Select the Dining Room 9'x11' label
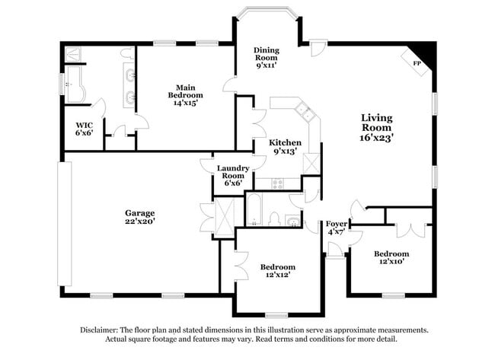point(266,58)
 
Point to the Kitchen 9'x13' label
point(285,147)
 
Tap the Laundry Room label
point(228,176)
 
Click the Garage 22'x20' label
point(140,217)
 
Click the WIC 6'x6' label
point(84,129)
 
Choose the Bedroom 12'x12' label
point(277,271)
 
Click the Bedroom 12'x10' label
point(391,257)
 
